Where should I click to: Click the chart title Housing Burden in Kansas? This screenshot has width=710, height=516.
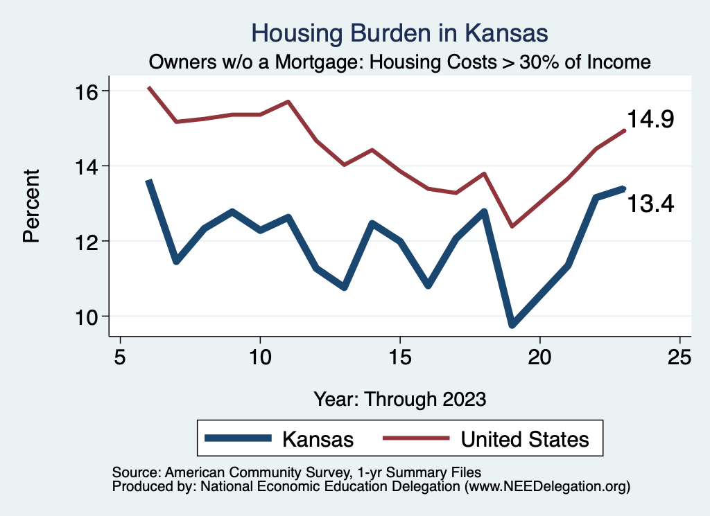pos(399,33)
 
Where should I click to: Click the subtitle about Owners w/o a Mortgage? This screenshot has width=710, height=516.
pos(399,62)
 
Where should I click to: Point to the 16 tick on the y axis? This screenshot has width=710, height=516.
pos(88,91)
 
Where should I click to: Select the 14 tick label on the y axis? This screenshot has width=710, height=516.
pos(88,166)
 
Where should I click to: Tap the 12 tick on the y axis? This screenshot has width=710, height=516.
pos(88,241)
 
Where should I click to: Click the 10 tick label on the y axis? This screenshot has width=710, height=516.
pos(88,317)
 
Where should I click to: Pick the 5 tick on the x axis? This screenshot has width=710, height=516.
pos(121,357)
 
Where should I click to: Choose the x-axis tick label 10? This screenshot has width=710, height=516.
pos(260,357)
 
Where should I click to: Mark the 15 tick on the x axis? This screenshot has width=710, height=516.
pos(400,357)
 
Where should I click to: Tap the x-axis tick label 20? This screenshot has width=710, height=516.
pos(539,357)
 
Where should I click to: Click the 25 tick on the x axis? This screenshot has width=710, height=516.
pos(679,357)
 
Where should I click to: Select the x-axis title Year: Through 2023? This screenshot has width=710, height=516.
pos(399,399)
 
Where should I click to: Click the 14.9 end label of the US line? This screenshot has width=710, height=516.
pos(650,119)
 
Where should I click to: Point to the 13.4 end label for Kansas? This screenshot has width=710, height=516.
pos(650,204)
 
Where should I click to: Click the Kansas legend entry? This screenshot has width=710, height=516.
pos(317,439)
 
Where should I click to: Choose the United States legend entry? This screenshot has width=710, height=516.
pos(524,439)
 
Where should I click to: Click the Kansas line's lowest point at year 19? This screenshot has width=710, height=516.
pos(512,324)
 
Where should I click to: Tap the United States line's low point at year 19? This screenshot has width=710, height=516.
pos(512,226)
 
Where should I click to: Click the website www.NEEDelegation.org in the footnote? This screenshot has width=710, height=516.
pos(547,487)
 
